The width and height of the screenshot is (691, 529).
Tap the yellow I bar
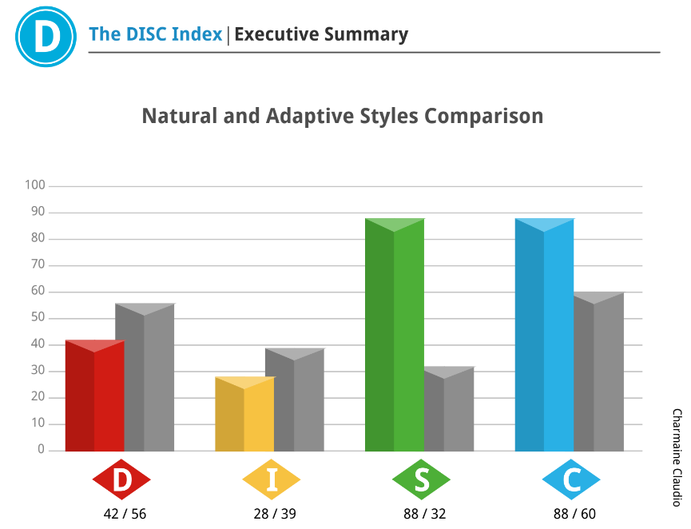tap(244, 416)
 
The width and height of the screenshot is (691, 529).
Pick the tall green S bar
tap(394, 336)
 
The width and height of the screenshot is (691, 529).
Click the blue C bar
tap(544, 336)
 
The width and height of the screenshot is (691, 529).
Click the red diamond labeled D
tap(121, 480)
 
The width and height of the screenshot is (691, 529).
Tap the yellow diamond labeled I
tap(272, 480)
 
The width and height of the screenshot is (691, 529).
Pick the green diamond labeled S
tap(422, 480)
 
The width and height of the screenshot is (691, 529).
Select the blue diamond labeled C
tap(571, 480)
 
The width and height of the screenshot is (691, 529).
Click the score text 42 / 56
tap(125, 514)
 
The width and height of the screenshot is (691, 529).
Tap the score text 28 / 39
tap(275, 514)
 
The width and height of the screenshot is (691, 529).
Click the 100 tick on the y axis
tap(36, 186)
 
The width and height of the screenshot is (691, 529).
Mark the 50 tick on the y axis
tap(38, 318)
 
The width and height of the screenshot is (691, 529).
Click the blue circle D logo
tap(46, 36)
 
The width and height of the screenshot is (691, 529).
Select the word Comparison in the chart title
tap(483, 116)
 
